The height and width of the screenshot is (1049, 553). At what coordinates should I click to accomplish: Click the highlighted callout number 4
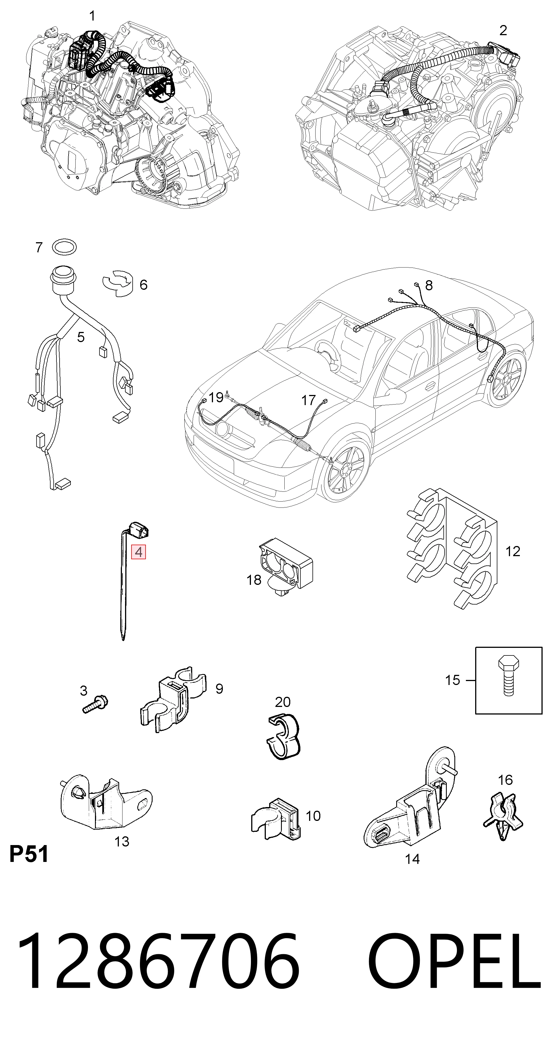coord(138,552)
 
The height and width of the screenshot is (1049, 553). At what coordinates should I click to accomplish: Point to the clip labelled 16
coord(503,816)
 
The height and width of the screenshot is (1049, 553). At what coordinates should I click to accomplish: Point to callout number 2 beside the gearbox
coord(503,30)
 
